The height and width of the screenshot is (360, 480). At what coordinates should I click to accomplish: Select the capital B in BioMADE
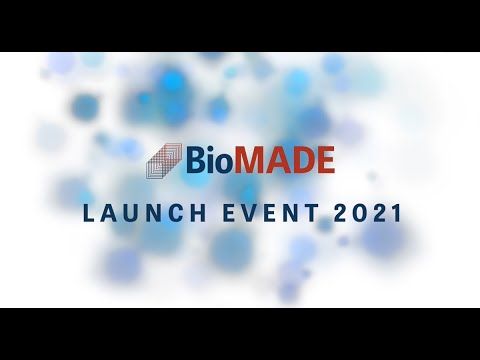coord(195,160)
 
